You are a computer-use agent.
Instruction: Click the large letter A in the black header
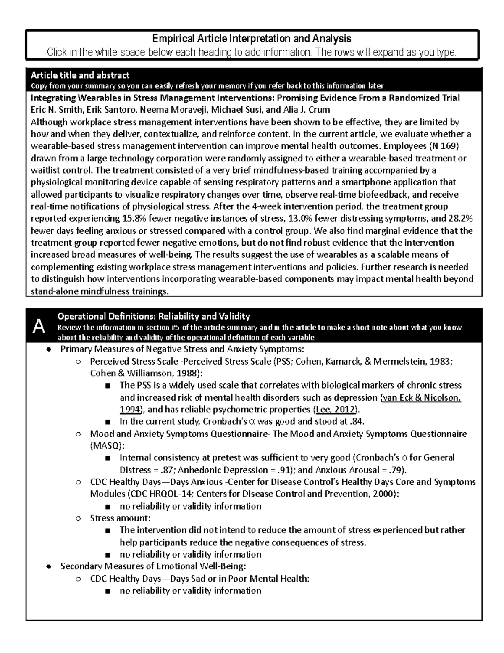coord(39,326)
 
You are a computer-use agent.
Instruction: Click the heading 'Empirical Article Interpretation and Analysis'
coord(252,39)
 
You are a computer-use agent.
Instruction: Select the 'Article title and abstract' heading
coord(80,75)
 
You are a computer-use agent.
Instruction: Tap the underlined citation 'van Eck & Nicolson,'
coord(420,397)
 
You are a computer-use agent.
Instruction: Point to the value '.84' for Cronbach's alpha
coord(356,421)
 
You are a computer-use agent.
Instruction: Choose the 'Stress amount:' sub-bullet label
coord(120,518)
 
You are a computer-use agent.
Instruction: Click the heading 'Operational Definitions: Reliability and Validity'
coord(154,316)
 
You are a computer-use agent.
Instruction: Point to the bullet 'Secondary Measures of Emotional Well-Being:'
coord(153,566)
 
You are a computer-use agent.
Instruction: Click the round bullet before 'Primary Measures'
coord(49,349)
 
